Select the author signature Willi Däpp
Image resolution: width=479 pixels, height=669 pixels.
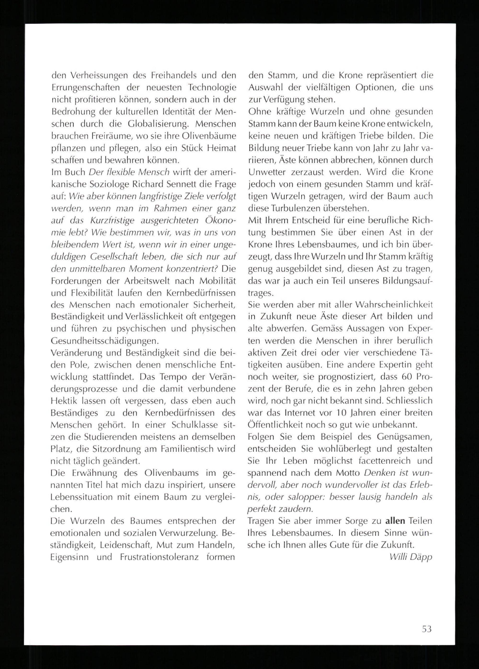411,557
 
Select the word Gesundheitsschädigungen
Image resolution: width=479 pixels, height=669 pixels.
105,341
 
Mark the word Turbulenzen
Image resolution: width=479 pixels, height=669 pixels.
297,208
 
